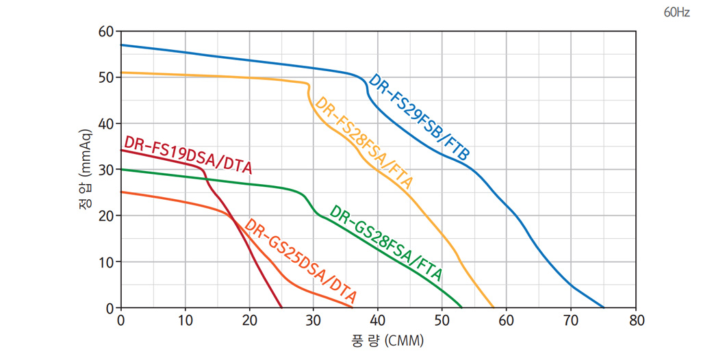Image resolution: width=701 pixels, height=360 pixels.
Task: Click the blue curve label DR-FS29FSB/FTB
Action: pyautogui.click(x=419, y=118)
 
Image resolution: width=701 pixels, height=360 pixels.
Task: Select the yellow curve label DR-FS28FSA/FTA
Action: pyautogui.click(x=364, y=143)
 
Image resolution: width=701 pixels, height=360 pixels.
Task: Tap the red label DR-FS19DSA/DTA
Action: pyautogui.click(x=188, y=154)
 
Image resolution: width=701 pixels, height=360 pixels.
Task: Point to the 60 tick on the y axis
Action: pyautogui.click(x=105, y=31)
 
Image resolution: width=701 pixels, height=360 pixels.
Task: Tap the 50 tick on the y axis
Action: pyautogui.click(x=105, y=77)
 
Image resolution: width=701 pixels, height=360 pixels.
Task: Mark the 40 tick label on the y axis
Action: pyautogui.click(x=105, y=124)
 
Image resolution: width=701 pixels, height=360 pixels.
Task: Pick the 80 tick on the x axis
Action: pyautogui.click(x=637, y=320)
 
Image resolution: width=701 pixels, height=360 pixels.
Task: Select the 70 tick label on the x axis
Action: pyautogui.click(x=572, y=320)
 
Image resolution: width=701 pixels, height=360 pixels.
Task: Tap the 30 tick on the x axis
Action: pyautogui.click(x=314, y=320)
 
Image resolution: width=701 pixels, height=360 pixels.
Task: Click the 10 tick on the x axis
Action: pyautogui.click(x=186, y=320)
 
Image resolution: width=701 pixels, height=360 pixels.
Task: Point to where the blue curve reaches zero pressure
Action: pyautogui.click(x=604, y=307)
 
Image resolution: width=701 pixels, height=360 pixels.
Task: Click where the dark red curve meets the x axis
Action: pyautogui.click(x=281, y=307)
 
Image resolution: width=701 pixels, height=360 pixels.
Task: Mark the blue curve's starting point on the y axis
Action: pyautogui.click(x=121, y=45)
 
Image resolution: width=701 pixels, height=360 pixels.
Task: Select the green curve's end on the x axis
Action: pyautogui.click(x=462, y=307)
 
